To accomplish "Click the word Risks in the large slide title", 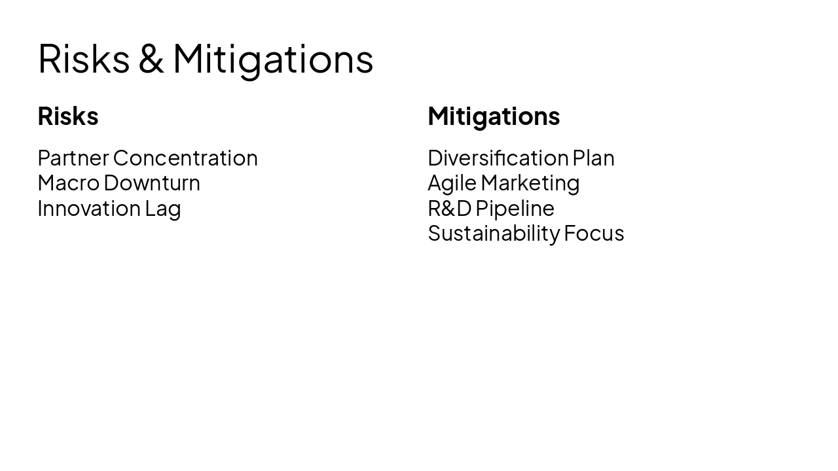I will pos(84,59).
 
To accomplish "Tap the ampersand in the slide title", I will pos(151,59).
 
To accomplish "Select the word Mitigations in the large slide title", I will pos(273,59).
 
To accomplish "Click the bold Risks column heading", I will pos(68,116).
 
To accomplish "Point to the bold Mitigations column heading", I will pos(494,116).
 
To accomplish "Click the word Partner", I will pos(73,158).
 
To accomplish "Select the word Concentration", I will pos(185,158).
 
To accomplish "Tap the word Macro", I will pos(68,183).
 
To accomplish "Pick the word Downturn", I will pos(152,183).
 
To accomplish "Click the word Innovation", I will pos(88,209).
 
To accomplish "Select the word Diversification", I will pos(498,158).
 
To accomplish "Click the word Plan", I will pos(594,158).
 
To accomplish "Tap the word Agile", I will pos(452,183).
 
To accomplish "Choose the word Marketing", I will pos(530,183).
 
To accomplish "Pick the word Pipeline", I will pos(515,209).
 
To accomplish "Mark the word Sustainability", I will pos(494,234).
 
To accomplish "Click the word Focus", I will pos(594,234).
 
